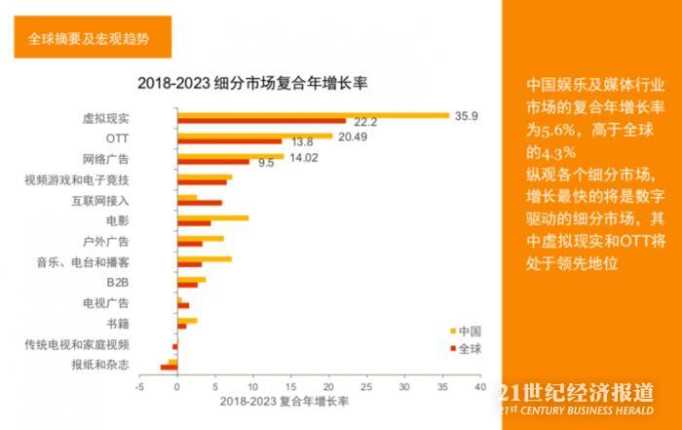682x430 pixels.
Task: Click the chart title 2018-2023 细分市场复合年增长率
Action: coord(258,82)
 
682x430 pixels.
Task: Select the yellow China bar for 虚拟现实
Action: coord(312,115)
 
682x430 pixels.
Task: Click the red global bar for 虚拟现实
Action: coord(261,122)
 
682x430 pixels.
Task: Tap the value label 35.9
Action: coord(465,115)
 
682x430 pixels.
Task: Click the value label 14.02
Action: coord(304,156)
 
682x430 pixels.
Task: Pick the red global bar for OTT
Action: coord(229,142)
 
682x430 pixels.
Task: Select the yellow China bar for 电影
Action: coord(212,217)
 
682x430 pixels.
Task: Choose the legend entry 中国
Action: coord(469,331)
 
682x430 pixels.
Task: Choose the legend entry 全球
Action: coord(469,348)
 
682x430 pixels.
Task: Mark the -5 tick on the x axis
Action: coord(139,387)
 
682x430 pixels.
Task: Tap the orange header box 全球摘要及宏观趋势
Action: coord(87,39)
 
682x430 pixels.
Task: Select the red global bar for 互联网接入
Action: coord(200,204)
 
